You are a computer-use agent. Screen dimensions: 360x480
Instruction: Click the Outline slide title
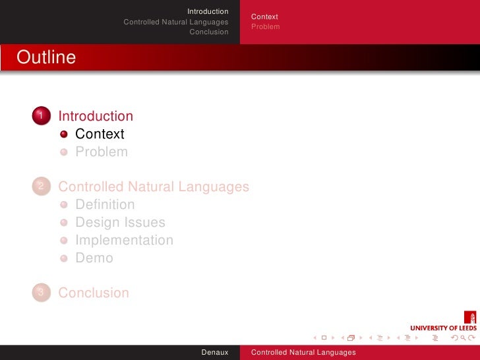click(x=46, y=57)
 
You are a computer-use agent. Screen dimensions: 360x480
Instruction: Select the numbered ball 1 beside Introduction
click(x=41, y=116)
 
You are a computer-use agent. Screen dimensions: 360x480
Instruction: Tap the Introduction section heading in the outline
click(x=96, y=116)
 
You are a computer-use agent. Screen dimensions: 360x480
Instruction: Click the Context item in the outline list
click(x=100, y=134)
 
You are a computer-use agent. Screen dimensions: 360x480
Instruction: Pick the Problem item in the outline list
click(x=102, y=152)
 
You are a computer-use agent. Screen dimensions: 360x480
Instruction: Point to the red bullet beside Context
click(x=64, y=135)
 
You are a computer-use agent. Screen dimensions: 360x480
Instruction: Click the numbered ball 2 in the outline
click(x=41, y=187)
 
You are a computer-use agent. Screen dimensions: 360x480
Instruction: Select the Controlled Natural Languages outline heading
click(x=154, y=187)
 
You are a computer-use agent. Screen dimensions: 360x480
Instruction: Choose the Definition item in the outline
click(x=105, y=204)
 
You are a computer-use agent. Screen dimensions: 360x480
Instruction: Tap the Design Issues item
click(x=120, y=222)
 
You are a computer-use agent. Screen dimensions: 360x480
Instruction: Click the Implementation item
click(x=124, y=240)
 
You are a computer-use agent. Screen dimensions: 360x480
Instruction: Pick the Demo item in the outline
click(x=94, y=258)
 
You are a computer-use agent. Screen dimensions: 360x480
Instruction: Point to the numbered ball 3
click(x=41, y=293)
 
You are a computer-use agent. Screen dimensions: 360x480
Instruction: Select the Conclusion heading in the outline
click(x=94, y=293)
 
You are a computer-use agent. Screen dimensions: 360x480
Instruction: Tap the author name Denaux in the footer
click(x=215, y=353)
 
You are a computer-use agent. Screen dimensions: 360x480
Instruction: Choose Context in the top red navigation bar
click(x=264, y=16)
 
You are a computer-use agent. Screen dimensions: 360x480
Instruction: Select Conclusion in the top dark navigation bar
click(x=208, y=32)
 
